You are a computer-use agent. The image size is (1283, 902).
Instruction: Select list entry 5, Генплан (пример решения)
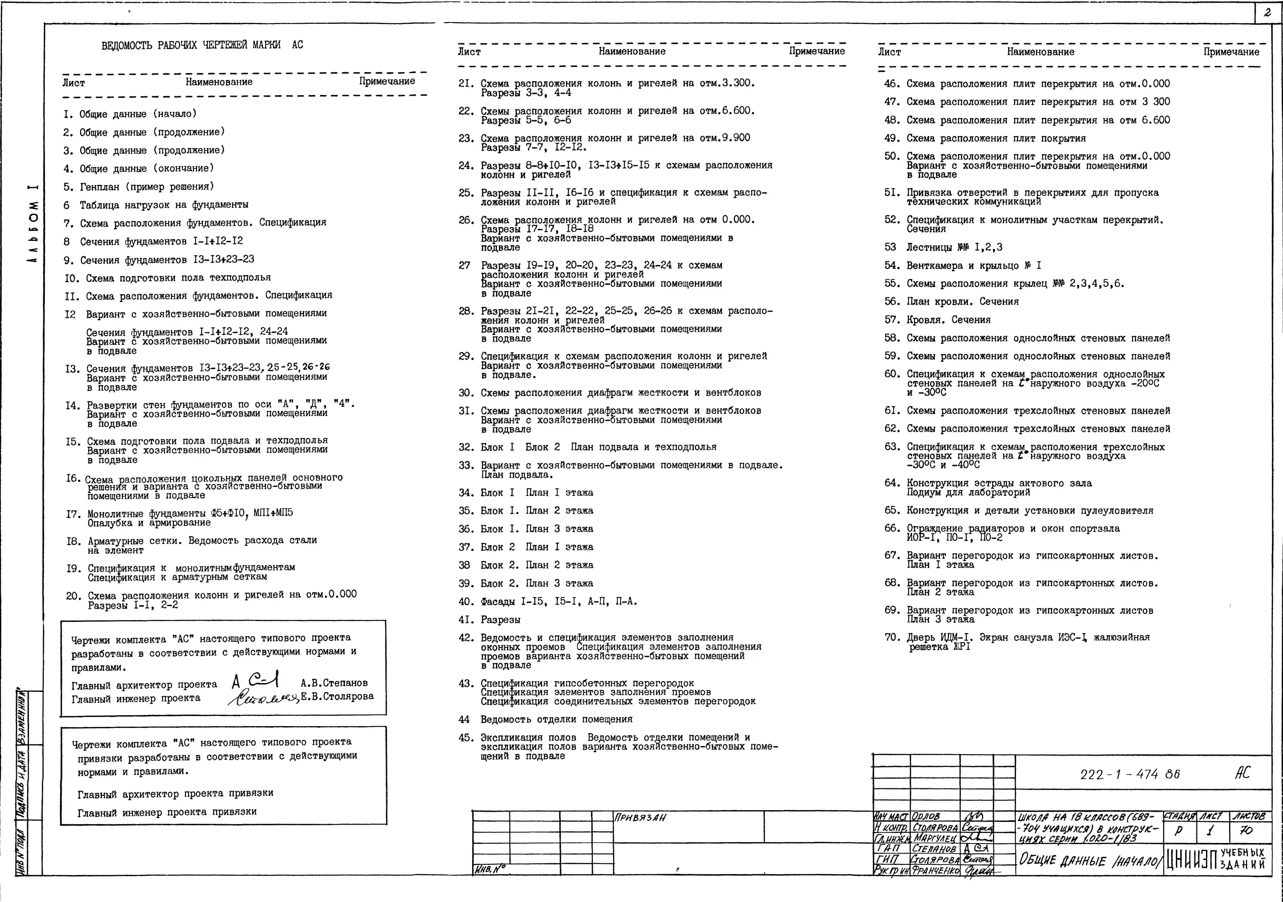pyautogui.click(x=139, y=187)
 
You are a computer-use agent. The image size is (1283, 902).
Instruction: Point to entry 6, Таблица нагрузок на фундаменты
pyautogui.click(x=156, y=205)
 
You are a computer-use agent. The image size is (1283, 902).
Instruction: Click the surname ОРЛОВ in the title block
pyautogui.click(x=926, y=816)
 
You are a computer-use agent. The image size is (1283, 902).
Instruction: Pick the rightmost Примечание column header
pyautogui.click(x=1231, y=52)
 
